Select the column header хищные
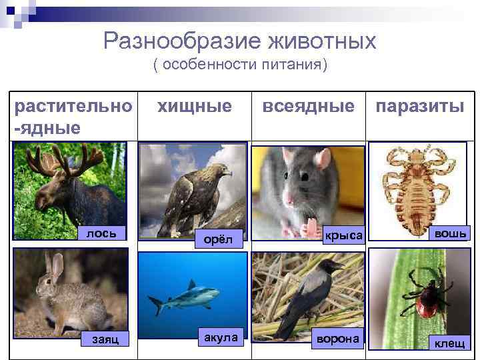(x=194, y=105)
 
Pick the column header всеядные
(x=309, y=105)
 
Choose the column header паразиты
(x=420, y=105)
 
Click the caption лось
(x=102, y=233)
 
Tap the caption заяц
(x=103, y=339)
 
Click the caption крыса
(x=344, y=235)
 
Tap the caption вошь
(x=450, y=233)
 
